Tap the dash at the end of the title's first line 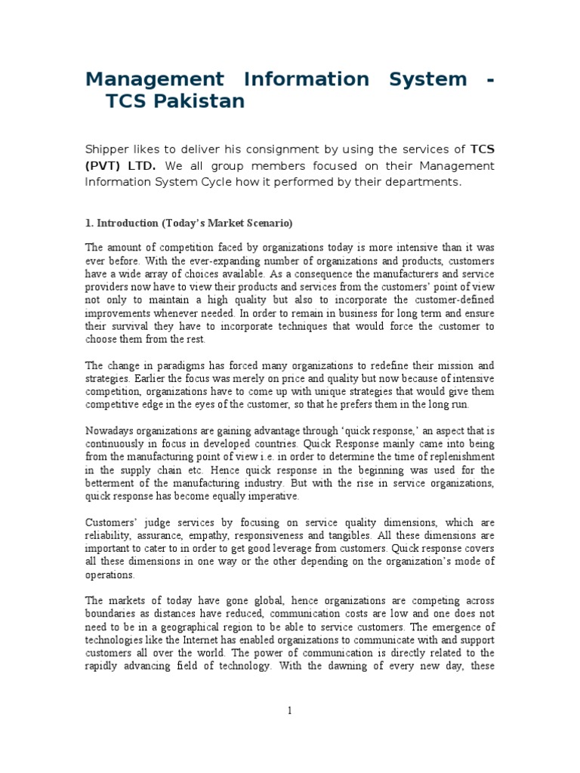tap(491, 79)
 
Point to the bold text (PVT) tap(104, 166)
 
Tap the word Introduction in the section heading tap(125, 223)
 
